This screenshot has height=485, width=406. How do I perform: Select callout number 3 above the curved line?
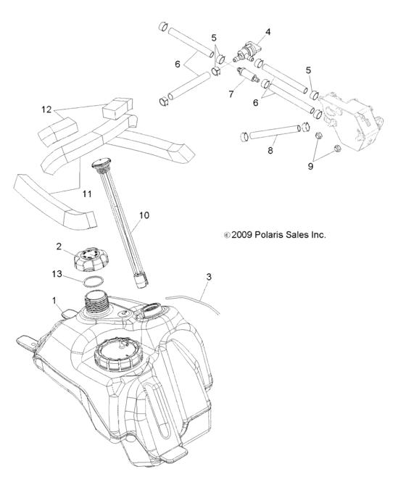pos(209,277)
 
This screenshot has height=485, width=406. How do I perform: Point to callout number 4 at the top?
pos(268,32)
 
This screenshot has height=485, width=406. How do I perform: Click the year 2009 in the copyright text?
pos(243,235)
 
